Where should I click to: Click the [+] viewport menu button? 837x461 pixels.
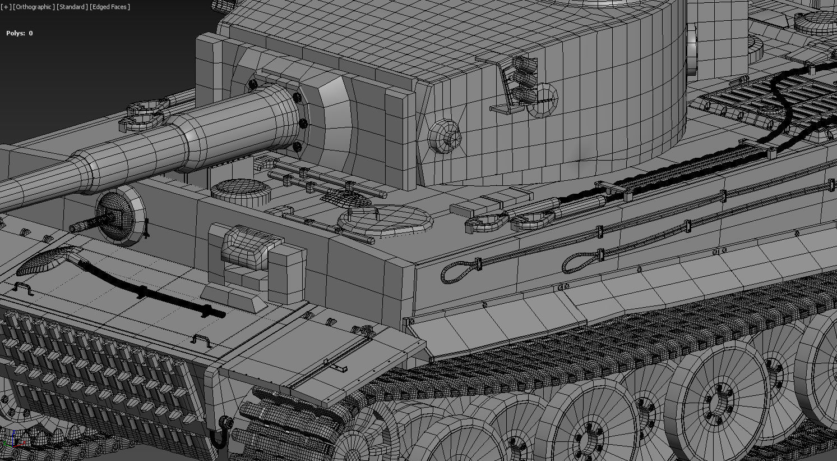click(6, 7)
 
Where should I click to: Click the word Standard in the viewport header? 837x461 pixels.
click(72, 7)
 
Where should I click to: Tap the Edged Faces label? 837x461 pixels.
click(110, 7)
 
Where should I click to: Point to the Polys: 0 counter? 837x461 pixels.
click(20, 33)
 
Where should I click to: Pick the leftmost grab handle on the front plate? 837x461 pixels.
click(22, 289)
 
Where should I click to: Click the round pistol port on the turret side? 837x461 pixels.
click(445, 136)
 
